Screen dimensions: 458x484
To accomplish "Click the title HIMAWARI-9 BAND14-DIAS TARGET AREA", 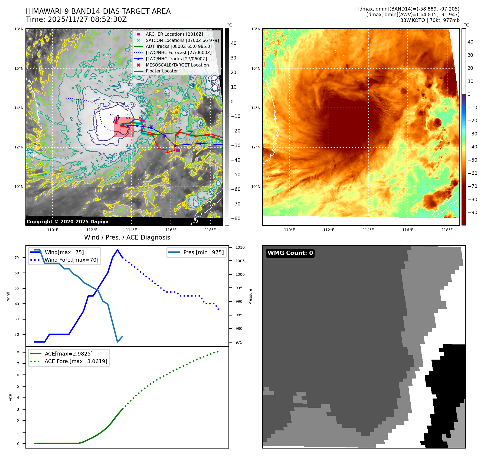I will [98, 11].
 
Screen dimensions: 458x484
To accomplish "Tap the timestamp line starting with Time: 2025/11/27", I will [76, 19].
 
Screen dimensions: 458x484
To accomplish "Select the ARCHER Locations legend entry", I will [174, 34].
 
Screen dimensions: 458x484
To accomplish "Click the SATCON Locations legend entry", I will [182, 40].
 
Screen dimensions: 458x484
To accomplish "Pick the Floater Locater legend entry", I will [162, 71].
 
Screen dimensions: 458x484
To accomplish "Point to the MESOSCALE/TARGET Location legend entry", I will [177, 65].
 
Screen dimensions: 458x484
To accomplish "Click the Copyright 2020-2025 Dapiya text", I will [67, 222].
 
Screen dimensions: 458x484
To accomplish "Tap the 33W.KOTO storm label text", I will [430, 20].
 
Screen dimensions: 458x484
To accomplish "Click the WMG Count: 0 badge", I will [290, 253].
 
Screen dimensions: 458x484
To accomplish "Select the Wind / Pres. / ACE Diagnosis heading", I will [127, 237].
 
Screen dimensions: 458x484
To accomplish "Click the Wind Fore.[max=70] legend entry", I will [71, 260].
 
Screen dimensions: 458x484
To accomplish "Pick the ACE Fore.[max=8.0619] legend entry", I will [76, 361].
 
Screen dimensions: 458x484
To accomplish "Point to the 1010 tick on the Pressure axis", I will [240, 247].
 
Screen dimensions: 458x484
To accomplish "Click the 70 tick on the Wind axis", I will [17, 258].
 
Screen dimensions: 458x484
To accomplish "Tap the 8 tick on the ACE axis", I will [18, 352].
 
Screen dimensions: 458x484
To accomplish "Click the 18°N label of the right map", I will [256, 29].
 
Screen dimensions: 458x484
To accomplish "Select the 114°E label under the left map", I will [131, 230].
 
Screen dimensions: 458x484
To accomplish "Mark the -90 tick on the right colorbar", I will [472, 213].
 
